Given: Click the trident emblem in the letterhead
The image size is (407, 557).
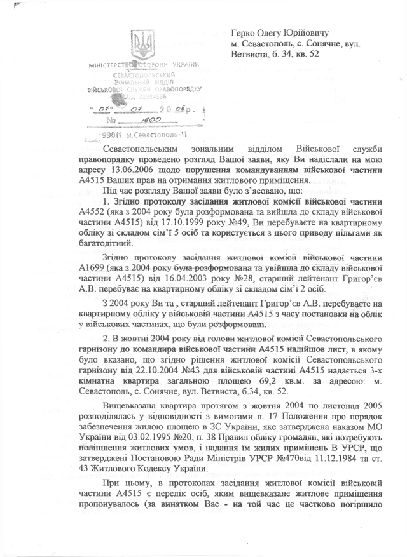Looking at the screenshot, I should point(141,44).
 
